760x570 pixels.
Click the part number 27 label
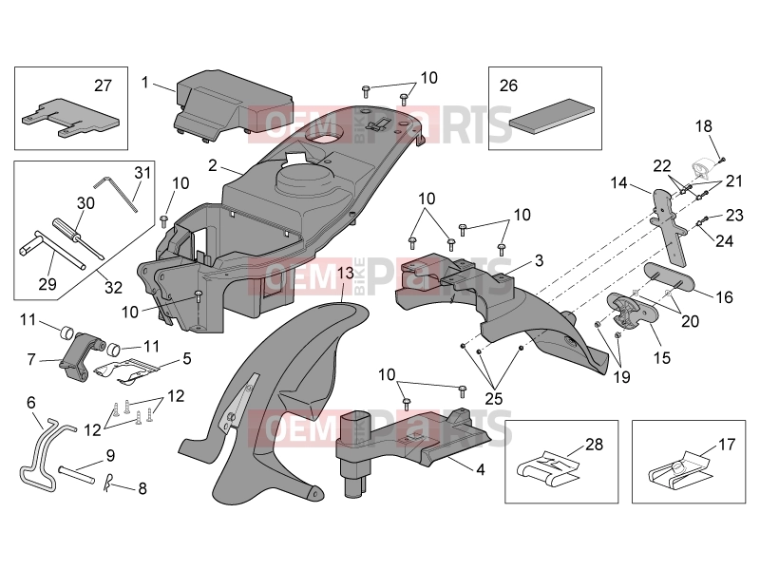tap(103, 85)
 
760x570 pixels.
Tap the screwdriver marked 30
tap(78, 238)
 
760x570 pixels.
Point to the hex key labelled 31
tap(116, 193)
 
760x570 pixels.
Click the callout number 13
tap(346, 273)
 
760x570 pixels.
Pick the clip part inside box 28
tap(548, 468)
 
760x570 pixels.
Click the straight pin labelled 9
tap(77, 473)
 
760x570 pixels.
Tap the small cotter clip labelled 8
tap(109, 483)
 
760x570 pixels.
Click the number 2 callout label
tap(213, 165)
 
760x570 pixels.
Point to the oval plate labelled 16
tap(669, 277)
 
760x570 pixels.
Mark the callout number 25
tap(494, 398)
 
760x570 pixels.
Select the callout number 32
tap(113, 287)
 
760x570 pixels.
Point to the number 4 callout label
tap(481, 469)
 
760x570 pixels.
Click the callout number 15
tap(661, 358)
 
